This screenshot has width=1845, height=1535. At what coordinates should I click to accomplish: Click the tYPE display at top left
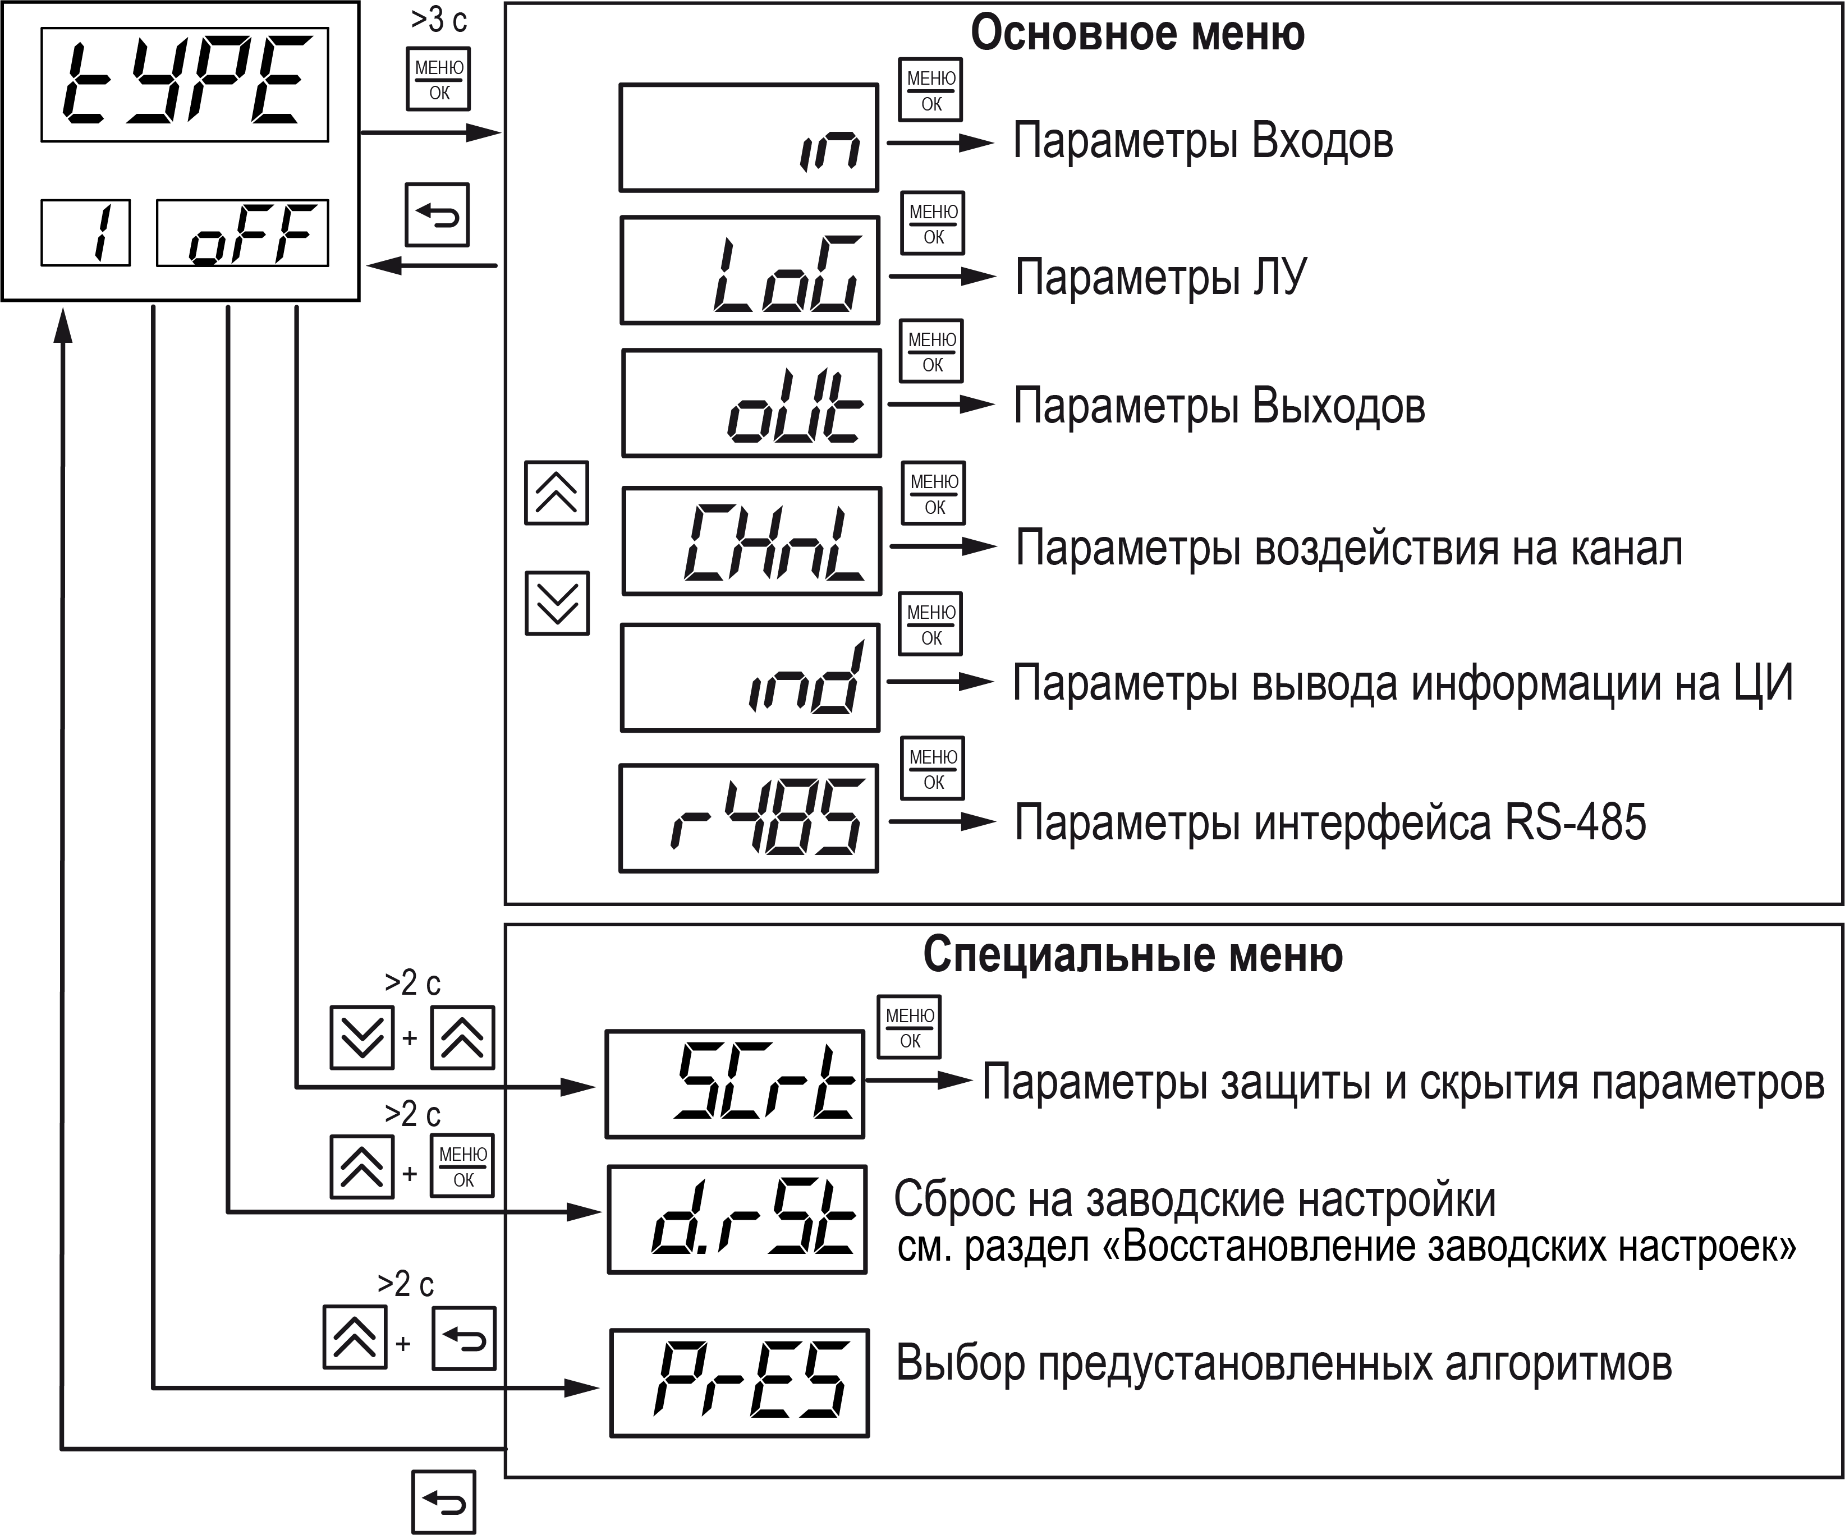[185, 84]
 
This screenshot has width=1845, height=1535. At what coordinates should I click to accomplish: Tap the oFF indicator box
[242, 233]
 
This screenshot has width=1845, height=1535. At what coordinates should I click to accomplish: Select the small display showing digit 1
[85, 233]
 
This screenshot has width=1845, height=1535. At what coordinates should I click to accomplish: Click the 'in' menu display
[749, 138]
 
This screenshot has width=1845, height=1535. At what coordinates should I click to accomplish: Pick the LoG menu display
[750, 270]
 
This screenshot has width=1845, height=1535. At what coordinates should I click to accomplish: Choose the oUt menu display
[751, 403]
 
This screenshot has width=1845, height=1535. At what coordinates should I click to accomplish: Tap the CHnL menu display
[751, 541]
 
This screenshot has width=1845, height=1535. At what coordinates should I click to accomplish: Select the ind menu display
[750, 677]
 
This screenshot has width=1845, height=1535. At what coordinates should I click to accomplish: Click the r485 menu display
[749, 818]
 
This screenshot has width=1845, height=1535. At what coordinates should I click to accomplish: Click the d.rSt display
[737, 1220]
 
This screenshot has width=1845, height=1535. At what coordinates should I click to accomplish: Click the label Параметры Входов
[1203, 141]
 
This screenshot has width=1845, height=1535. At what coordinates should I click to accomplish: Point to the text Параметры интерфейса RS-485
[1330, 822]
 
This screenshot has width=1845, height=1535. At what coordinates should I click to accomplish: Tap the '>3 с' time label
[438, 19]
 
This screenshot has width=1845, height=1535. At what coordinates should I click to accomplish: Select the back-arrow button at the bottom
[444, 1502]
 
